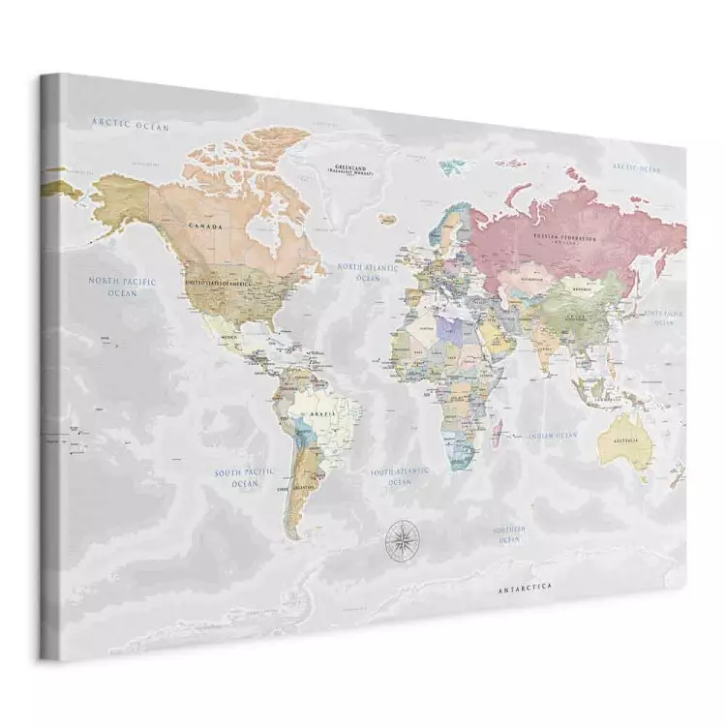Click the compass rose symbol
[397, 538]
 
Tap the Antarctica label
[525, 588]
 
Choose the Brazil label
[322, 413]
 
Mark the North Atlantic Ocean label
[367, 271]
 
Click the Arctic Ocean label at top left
[130, 125]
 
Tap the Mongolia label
[583, 287]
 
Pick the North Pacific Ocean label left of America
[122, 287]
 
